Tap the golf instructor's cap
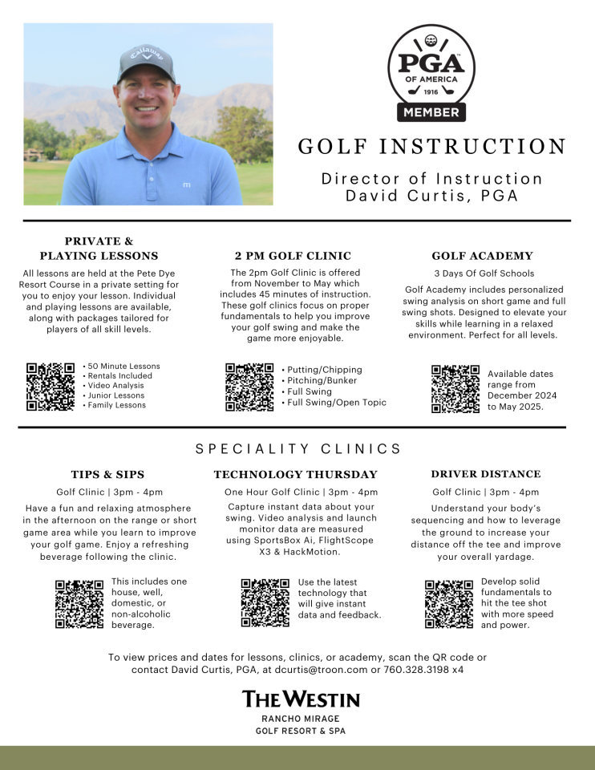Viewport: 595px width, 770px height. coord(147,61)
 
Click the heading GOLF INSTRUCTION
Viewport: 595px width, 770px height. coord(432,147)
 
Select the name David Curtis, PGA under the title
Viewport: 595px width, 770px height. coord(431,195)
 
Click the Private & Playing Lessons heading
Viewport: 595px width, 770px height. coord(99,249)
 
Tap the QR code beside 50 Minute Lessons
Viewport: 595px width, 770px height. coord(51,387)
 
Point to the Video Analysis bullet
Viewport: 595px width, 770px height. coord(115,386)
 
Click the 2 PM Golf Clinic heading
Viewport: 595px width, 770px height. coord(293,256)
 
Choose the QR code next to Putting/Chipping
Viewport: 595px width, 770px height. coord(249,387)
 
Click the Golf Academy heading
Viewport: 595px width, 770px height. coord(482,256)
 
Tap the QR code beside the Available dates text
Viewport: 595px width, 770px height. coord(455,389)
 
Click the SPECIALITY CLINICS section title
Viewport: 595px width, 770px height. coord(298,449)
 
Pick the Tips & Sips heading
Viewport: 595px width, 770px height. coord(107,474)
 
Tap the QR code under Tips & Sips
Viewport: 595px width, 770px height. coord(79,603)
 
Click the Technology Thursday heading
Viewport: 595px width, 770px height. coord(295,474)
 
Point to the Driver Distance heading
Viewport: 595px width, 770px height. coord(485,474)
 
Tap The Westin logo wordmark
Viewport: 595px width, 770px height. coord(301,699)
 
